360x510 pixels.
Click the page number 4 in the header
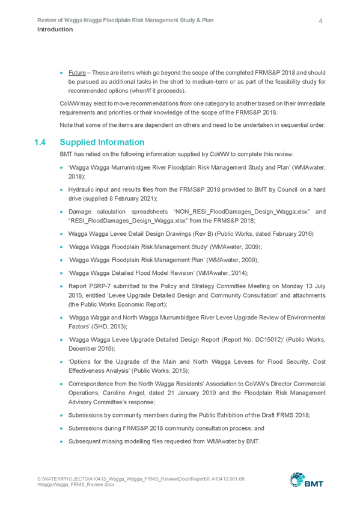pyautogui.click(x=320, y=21)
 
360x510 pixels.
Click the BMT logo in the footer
pyautogui.click(x=307, y=480)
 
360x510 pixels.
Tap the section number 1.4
pyautogui.click(x=40, y=143)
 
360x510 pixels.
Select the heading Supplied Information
pyautogui.click(x=102, y=143)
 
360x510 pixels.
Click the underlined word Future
pyautogui.click(x=77, y=73)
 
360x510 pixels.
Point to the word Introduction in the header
pyautogui.click(x=55, y=29)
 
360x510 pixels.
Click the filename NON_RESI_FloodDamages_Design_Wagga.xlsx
pyautogui.click(x=242, y=212)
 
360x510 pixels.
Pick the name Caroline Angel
pyautogui.click(x=123, y=393)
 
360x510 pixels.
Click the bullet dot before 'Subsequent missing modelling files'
pyautogui.click(x=61, y=441)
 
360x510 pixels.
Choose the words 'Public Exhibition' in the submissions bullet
pyautogui.click(x=219, y=416)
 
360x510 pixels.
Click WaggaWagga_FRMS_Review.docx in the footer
pyautogui.click(x=76, y=485)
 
